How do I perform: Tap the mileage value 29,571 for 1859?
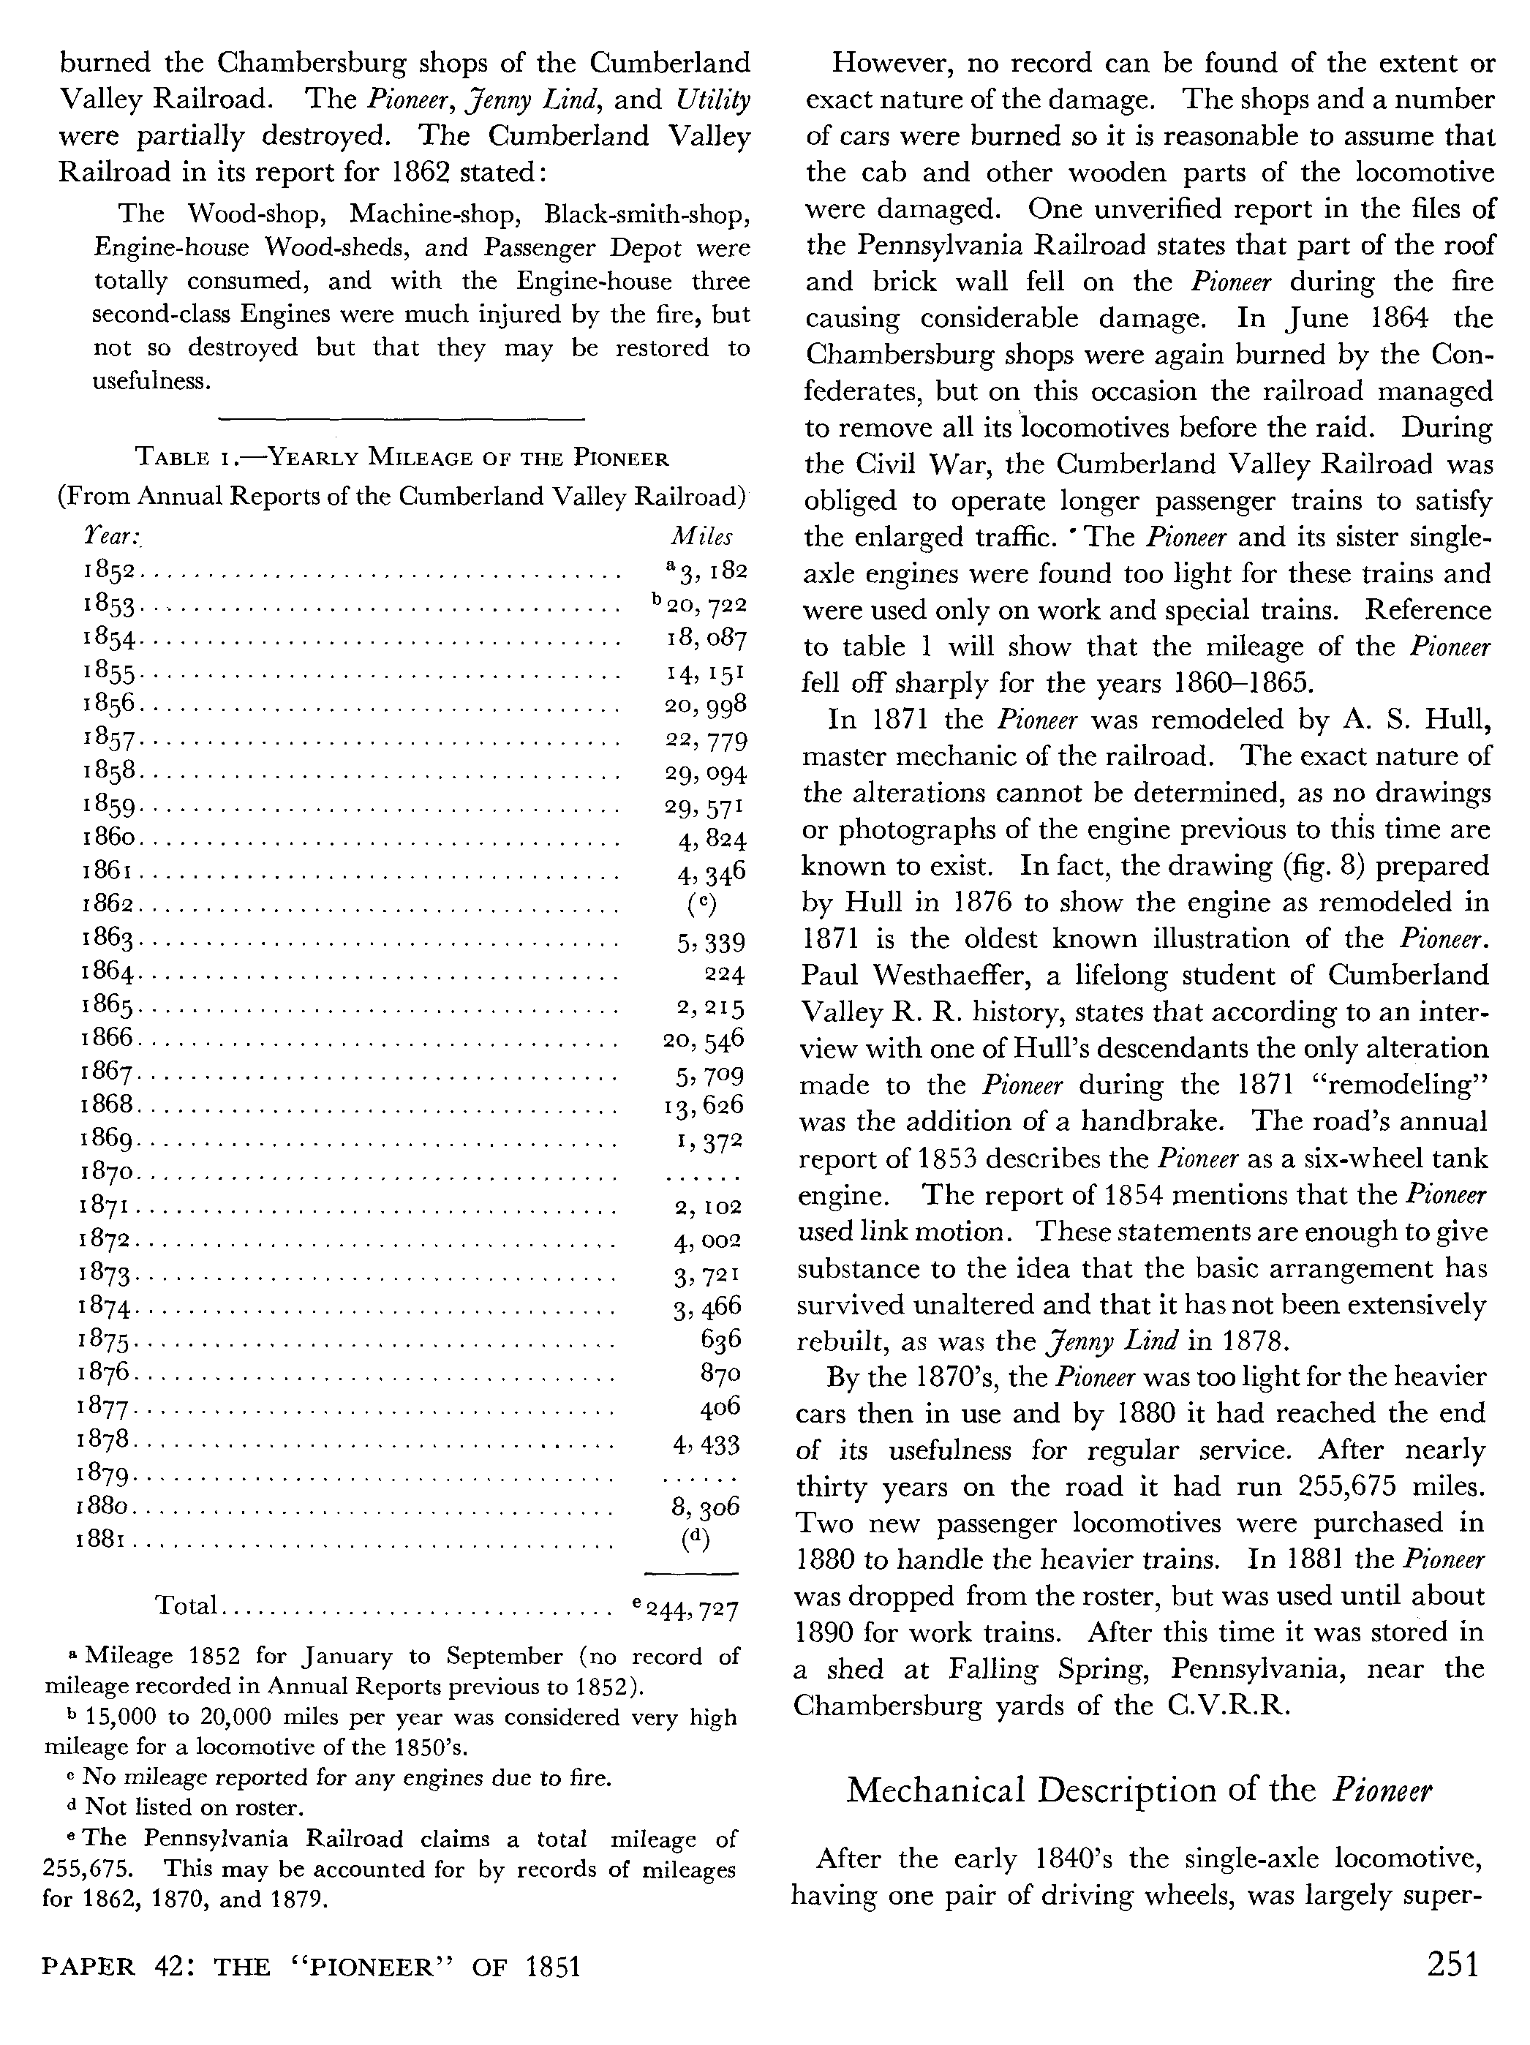tap(704, 807)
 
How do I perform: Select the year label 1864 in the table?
tap(109, 973)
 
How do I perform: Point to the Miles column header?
tap(701, 537)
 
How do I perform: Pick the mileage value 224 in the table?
tap(724, 974)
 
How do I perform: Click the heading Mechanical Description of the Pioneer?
tap(1138, 1789)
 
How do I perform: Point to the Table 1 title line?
tap(402, 458)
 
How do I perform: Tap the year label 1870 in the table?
tap(108, 1174)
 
